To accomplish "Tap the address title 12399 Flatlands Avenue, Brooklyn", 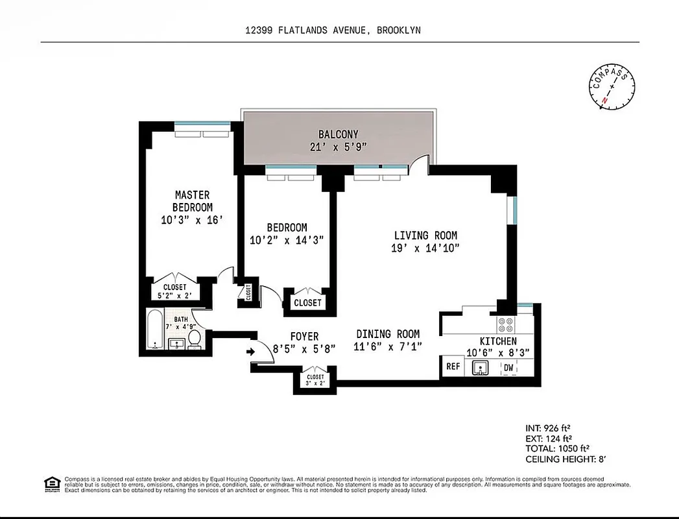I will (337, 30).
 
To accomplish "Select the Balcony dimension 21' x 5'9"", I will (338, 147).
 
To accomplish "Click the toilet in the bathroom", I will (195, 340).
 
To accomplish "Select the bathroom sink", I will (176, 344).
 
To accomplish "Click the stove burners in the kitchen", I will (505, 324).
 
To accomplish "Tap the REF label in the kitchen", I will (453, 367).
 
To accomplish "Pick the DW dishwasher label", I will (508, 367).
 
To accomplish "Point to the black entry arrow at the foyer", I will (251, 352).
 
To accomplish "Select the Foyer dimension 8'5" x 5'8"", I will (304, 349).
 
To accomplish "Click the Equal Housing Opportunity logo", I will (51, 483).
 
